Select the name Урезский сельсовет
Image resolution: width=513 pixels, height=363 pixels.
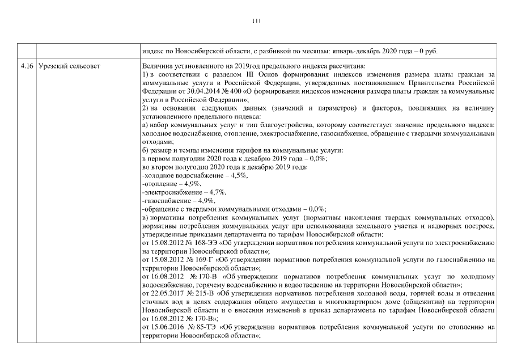click(69, 67)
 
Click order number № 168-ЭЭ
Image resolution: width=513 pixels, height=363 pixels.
click(199, 242)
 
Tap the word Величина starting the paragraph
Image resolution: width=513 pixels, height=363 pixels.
click(158, 67)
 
